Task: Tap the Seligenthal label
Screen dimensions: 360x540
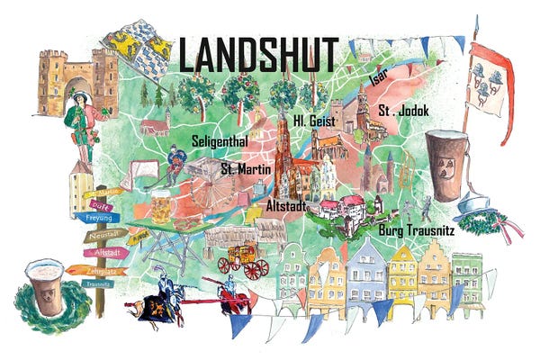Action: (x=221, y=141)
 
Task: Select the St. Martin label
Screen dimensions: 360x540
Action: (x=244, y=166)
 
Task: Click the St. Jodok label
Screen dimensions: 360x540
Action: (x=403, y=111)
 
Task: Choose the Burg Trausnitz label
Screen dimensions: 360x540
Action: (x=417, y=230)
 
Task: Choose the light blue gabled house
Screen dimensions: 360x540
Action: (x=366, y=272)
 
